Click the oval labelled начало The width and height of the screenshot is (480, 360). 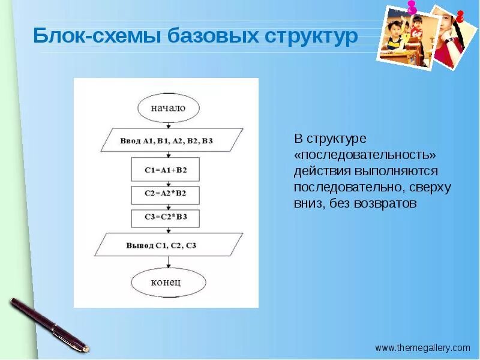[x=169, y=108]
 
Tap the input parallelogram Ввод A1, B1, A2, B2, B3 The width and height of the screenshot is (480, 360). [x=170, y=141]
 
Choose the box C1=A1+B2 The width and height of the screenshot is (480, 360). [x=166, y=170]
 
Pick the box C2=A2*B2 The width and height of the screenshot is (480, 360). [x=166, y=194]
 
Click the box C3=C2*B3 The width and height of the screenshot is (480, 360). [x=166, y=217]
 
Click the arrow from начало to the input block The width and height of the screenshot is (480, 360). [x=169, y=125]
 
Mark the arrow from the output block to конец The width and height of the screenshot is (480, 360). [x=169, y=263]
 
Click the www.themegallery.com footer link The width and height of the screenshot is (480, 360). [x=422, y=347]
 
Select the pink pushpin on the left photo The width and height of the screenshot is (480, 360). [x=412, y=8]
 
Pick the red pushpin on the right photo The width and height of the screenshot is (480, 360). [x=460, y=16]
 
